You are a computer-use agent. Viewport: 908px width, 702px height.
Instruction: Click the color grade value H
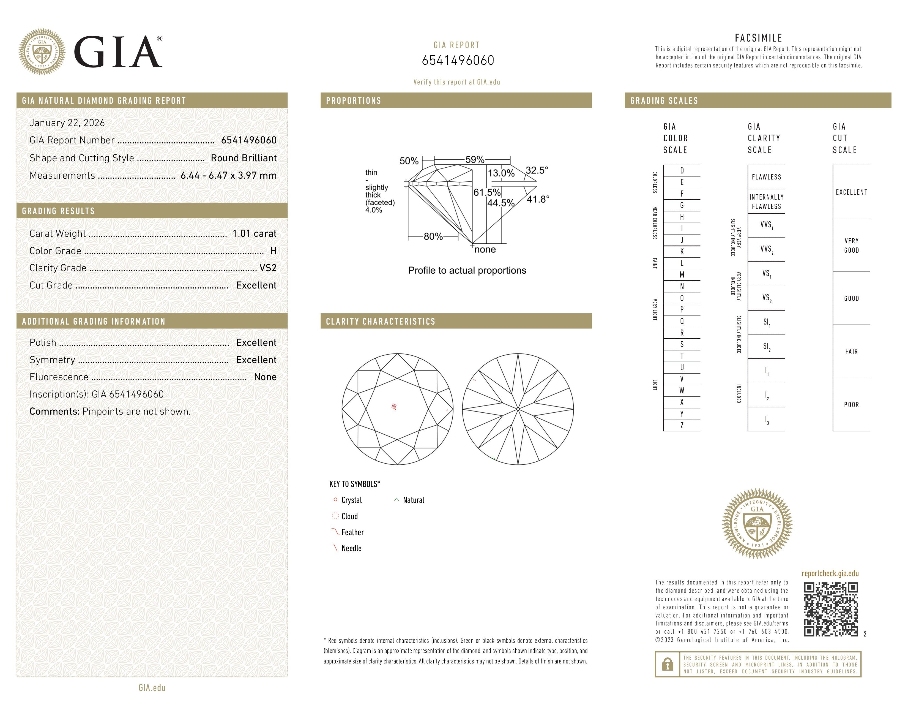[x=273, y=251]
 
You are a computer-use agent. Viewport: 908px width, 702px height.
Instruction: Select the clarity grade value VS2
[x=268, y=268]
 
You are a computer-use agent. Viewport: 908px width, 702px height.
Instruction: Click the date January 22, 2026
[x=67, y=123]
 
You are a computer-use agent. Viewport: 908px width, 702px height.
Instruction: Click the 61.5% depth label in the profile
[x=487, y=192]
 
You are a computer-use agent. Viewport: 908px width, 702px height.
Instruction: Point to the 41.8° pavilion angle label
[x=538, y=199]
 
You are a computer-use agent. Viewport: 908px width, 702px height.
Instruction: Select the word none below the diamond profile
[x=485, y=249]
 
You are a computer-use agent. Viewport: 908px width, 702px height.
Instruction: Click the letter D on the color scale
[x=682, y=170]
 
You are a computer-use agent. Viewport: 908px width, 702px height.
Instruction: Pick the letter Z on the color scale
[x=682, y=425]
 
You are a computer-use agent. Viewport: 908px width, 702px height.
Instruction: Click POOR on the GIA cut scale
[x=851, y=405]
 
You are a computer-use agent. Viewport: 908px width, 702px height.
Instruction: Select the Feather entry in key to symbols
[x=352, y=532]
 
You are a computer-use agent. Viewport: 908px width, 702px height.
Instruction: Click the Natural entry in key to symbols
[x=413, y=500]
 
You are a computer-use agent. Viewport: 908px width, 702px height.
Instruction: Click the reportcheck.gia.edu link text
[x=830, y=573]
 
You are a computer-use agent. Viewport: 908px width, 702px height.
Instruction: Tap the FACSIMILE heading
[x=758, y=38]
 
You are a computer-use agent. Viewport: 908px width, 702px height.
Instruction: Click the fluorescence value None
[x=265, y=377]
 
